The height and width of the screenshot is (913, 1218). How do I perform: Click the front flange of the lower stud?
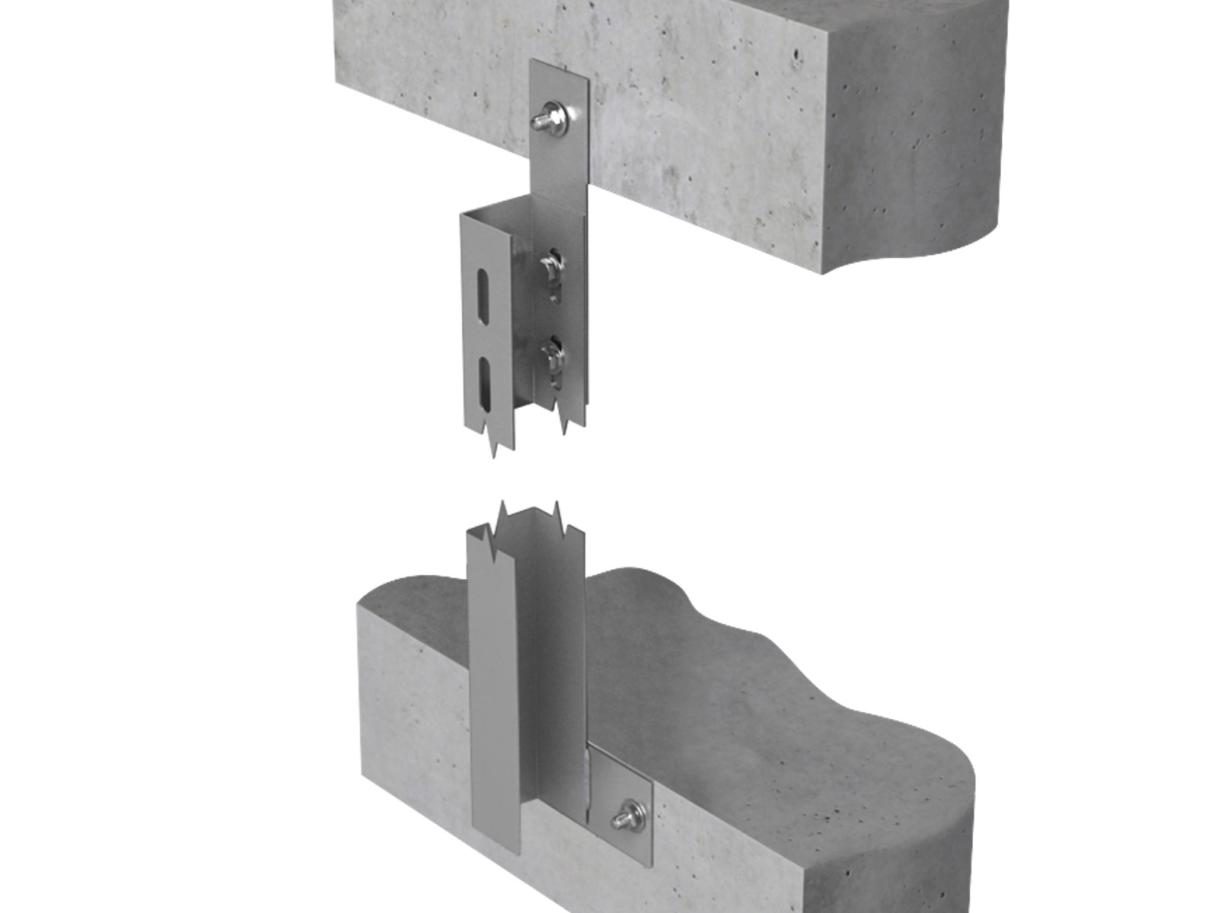(x=493, y=685)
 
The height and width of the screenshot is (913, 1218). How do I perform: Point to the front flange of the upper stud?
(x=476, y=335)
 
